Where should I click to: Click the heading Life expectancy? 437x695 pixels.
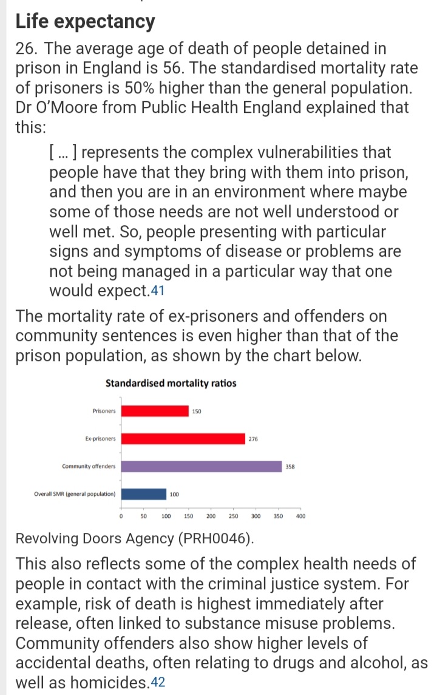pyautogui.click(x=85, y=22)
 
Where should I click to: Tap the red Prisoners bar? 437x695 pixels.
pyautogui.click(x=155, y=411)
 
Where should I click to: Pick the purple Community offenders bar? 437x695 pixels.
pyautogui.click(x=202, y=466)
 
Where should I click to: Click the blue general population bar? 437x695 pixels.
pyautogui.click(x=144, y=493)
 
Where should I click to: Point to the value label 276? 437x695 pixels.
pyautogui.click(x=253, y=439)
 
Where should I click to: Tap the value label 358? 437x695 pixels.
pyautogui.click(x=290, y=467)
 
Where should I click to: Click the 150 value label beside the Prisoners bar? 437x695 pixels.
pyautogui.click(x=197, y=412)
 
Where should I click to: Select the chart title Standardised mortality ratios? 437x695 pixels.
pyautogui.click(x=171, y=384)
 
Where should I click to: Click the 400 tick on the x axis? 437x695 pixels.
pyautogui.click(x=300, y=517)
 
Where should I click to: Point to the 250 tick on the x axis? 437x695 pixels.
pyautogui.click(x=233, y=517)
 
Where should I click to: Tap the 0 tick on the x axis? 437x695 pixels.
pyautogui.click(x=121, y=517)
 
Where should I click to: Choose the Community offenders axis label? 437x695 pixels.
pyautogui.click(x=89, y=466)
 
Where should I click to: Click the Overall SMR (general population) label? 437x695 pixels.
pyautogui.click(x=75, y=493)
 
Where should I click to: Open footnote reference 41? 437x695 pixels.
pyautogui.click(x=157, y=291)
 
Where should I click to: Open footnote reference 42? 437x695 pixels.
pyautogui.click(x=157, y=683)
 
